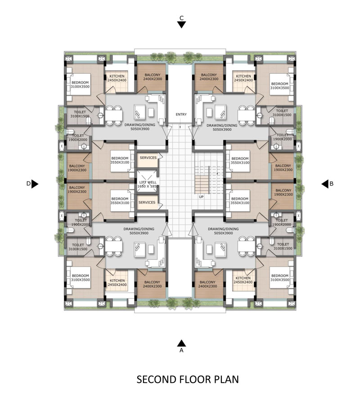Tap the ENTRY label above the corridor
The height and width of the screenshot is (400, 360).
(x=181, y=115)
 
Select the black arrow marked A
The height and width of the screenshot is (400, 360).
(x=181, y=343)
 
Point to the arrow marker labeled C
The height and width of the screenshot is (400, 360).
(x=181, y=25)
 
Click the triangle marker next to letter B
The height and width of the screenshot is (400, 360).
(x=325, y=184)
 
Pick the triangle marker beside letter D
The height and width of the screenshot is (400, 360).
(x=35, y=184)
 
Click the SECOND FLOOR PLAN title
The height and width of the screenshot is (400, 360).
(x=188, y=379)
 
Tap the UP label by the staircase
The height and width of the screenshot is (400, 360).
(x=201, y=197)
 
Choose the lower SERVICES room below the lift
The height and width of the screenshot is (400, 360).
(x=148, y=202)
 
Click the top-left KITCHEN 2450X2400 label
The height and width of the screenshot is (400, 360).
(x=117, y=78)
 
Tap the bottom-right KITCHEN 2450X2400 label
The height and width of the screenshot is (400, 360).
(x=243, y=280)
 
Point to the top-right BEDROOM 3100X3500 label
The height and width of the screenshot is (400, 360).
(x=280, y=86)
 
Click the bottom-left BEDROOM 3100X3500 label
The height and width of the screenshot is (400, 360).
(x=81, y=278)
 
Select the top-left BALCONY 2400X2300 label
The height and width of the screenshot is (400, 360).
(x=152, y=77)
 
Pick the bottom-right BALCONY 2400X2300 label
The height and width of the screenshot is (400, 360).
(x=208, y=284)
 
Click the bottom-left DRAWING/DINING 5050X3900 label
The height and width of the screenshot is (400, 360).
(x=139, y=231)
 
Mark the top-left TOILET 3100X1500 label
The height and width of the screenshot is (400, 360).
(x=80, y=114)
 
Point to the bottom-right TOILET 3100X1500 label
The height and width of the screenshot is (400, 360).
(x=283, y=246)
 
